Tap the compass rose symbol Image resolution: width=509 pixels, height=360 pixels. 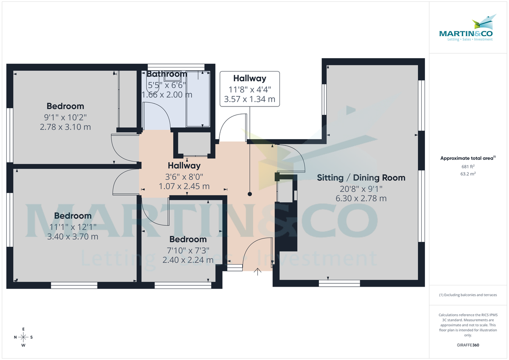point(23,337)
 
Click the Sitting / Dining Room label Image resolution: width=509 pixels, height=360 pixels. point(361,178)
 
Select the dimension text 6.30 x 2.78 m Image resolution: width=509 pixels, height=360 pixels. point(361,198)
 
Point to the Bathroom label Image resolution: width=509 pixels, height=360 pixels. point(167,74)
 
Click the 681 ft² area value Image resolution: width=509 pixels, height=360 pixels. point(468,166)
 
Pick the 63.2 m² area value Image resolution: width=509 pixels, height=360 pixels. point(468,173)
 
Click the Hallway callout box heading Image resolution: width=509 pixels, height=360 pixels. point(249,78)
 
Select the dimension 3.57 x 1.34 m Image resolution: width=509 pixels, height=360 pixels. point(249,100)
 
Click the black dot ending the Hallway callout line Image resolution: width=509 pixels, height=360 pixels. point(249,194)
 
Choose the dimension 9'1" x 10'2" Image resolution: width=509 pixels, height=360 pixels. point(65,117)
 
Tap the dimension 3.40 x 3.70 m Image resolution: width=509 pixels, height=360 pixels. point(73,236)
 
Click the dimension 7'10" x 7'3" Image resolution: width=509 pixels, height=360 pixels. point(188,250)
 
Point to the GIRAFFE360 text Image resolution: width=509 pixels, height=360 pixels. point(468,345)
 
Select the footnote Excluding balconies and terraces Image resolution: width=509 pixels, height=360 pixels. point(468,295)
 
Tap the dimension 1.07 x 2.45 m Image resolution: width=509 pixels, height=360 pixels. point(184,186)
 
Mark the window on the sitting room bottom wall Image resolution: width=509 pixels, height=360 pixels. point(339,283)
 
